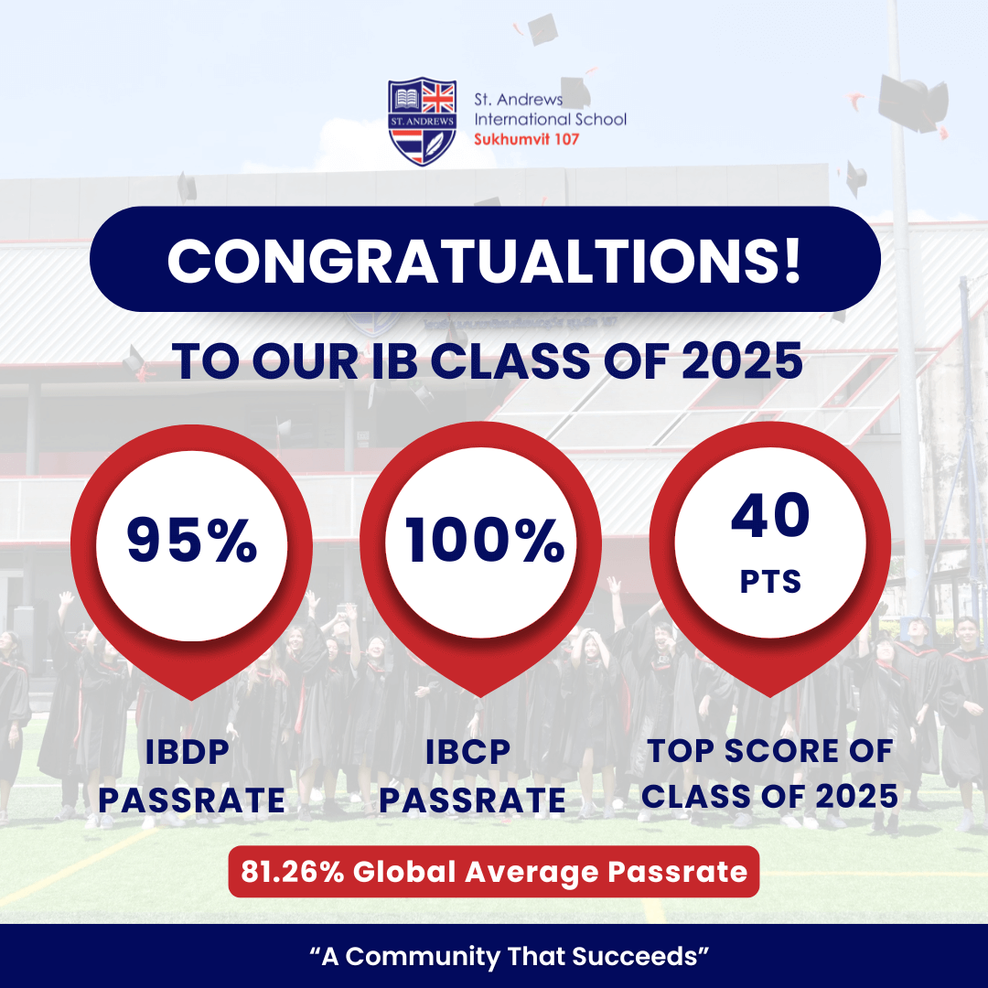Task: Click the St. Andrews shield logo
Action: (x=422, y=122)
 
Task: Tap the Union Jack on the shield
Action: (x=438, y=98)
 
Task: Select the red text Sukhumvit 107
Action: (x=526, y=139)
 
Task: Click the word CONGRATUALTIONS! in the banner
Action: (x=485, y=261)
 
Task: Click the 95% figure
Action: (x=191, y=540)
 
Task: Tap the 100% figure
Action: (x=484, y=540)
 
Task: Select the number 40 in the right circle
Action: (x=770, y=515)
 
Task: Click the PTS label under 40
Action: (x=770, y=582)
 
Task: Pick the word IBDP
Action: (x=188, y=752)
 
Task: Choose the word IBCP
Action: (x=467, y=752)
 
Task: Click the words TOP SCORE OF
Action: (x=770, y=750)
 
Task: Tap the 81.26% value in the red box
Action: (x=293, y=872)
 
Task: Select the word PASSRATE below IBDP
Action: (x=191, y=800)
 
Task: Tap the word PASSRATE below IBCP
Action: (x=472, y=800)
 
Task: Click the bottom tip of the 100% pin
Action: (x=481, y=697)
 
